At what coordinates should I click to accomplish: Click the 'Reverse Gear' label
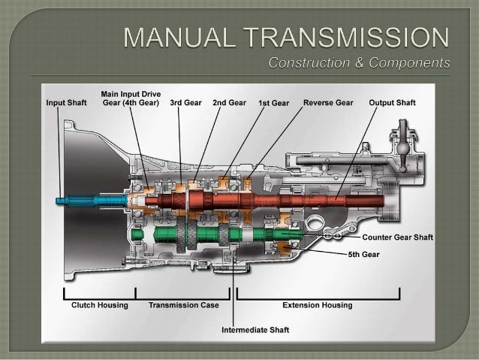pyautogui.click(x=327, y=102)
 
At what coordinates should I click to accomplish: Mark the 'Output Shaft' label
pyautogui.click(x=394, y=102)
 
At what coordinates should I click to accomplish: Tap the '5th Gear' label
pyautogui.click(x=364, y=254)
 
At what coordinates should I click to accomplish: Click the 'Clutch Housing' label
pyautogui.click(x=99, y=305)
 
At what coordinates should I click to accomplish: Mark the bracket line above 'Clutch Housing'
pyautogui.click(x=100, y=295)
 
